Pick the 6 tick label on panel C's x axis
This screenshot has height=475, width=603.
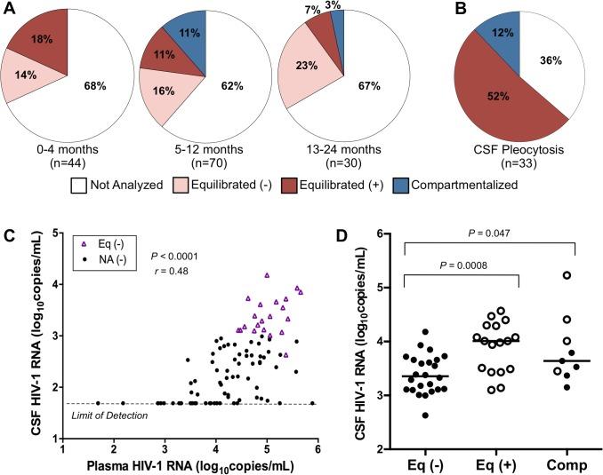pos(318,448)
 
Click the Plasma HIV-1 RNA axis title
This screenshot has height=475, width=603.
pos(189,464)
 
